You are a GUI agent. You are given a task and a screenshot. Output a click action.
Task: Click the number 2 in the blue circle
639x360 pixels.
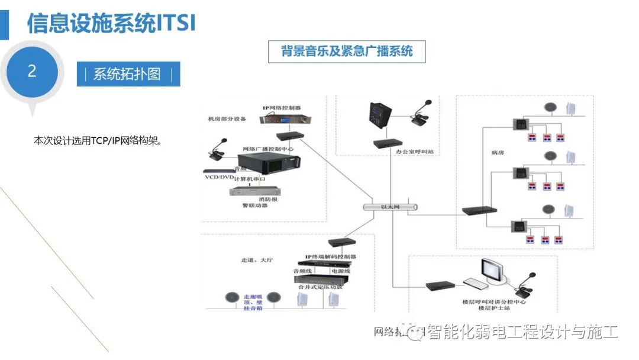coord(32,72)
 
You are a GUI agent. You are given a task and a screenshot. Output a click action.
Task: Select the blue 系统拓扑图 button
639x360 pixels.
coord(128,74)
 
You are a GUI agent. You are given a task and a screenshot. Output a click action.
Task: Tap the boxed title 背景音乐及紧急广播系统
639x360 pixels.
coord(347,51)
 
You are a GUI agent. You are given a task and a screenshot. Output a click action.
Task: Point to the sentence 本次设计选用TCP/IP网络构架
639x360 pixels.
coord(98,141)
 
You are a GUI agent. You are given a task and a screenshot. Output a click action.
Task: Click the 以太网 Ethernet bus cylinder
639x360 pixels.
coord(390,207)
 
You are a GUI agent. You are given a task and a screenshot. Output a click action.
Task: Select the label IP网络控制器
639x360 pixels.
coord(282,108)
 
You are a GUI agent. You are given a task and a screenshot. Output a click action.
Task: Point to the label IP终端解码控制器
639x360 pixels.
coord(330,257)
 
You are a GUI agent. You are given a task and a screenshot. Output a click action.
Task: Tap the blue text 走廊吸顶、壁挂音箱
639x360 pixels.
coord(251,301)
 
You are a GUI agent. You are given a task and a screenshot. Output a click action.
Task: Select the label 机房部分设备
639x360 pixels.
coord(227,118)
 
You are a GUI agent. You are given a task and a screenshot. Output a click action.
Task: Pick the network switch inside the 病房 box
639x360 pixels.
coord(476,211)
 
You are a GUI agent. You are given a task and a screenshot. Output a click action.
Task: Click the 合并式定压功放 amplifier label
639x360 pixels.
coord(320,286)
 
